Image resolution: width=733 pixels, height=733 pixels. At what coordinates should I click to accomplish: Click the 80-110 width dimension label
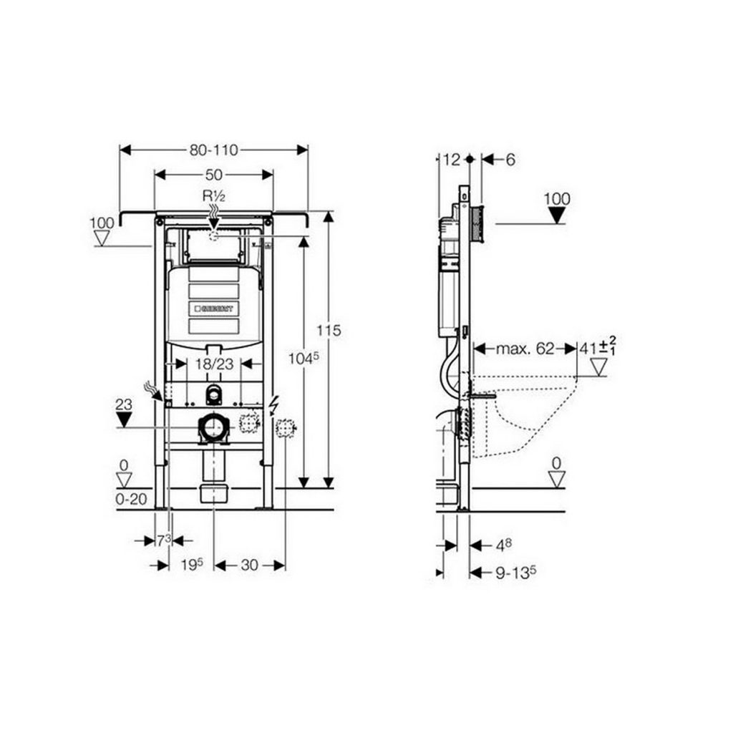click(214, 150)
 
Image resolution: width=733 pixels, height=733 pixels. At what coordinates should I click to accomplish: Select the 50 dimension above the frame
click(213, 174)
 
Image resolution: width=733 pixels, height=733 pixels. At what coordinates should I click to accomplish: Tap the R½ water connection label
click(213, 195)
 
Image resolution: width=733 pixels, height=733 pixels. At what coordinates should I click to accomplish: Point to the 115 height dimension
click(329, 331)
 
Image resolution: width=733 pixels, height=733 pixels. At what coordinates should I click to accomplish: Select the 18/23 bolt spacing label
click(213, 364)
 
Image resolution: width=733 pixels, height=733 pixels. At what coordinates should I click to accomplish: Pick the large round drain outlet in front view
click(213, 428)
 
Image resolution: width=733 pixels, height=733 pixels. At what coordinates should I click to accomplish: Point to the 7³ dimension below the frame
click(163, 540)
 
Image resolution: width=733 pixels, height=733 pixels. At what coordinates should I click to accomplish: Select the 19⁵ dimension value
click(190, 565)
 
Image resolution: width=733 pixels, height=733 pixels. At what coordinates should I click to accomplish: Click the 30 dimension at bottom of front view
click(248, 565)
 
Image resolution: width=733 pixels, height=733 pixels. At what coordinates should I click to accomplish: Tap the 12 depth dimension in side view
click(450, 160)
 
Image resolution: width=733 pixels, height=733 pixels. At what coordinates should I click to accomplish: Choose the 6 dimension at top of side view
click(510, 160)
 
